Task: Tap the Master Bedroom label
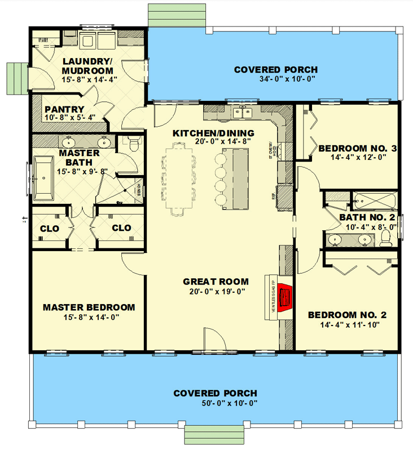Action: coord(89,308)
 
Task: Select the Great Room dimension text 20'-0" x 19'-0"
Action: coord(216,291)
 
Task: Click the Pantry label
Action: coord(64,109)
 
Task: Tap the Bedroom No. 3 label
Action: coord(358,149)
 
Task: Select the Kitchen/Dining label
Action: coord(213,133)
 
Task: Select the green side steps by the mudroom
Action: coord(17,79)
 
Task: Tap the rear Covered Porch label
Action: coord(276,70)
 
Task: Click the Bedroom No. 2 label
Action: coord(346,315)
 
